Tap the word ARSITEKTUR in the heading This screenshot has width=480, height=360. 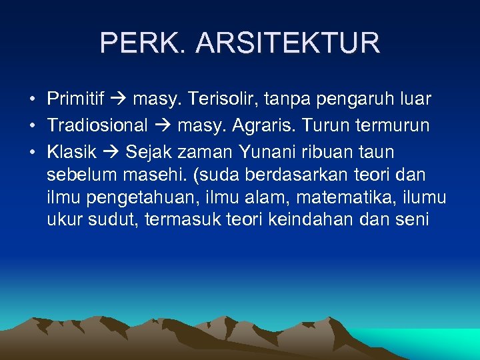(289, 43)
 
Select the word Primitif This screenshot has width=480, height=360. (75, 99)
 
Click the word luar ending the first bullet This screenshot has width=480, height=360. (414, 99)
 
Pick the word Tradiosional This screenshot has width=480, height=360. (97, 126)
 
